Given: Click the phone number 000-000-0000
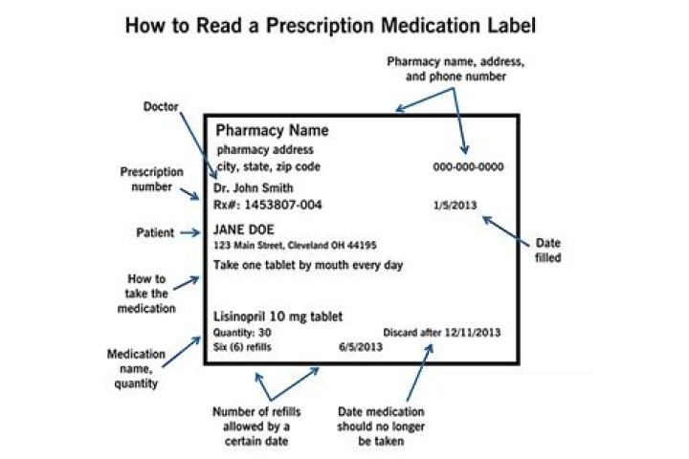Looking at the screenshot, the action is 468,167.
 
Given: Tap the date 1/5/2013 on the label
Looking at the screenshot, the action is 455,206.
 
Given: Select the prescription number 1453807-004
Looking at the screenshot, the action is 283,205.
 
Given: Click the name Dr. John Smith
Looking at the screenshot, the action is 253,188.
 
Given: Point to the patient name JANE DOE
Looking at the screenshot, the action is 243,229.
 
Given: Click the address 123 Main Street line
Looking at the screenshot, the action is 295,245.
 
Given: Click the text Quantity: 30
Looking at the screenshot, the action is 242,333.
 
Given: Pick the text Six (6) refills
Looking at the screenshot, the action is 242,347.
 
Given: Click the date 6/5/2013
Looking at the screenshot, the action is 361,347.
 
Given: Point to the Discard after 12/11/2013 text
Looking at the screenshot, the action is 441,333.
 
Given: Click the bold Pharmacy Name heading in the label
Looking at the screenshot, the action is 272,130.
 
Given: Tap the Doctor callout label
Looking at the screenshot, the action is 161,107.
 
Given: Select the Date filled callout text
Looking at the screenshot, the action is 548,251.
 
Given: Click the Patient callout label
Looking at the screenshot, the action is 155,232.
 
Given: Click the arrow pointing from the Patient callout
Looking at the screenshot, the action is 189,232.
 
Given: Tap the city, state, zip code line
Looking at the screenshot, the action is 269,167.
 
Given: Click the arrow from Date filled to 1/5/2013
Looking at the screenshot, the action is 506,231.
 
